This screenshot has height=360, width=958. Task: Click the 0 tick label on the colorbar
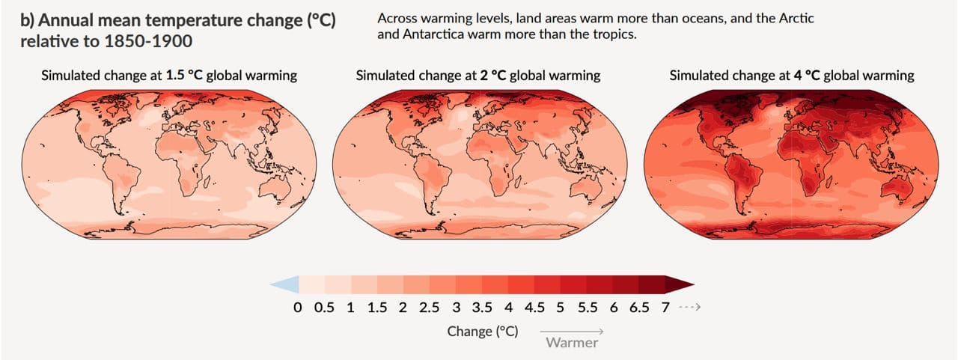click(298, 308)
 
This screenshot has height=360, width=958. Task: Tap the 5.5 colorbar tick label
click(588, 308)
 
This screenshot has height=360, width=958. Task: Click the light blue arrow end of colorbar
click(287, 284)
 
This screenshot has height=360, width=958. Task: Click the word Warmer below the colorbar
click(572, 343)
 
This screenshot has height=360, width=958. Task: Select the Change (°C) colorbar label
click(483, 331)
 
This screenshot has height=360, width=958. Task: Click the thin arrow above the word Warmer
click(572, 331)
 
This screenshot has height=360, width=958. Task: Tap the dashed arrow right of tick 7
click(687, 308)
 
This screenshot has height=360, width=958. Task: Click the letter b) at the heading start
click(27, 21)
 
